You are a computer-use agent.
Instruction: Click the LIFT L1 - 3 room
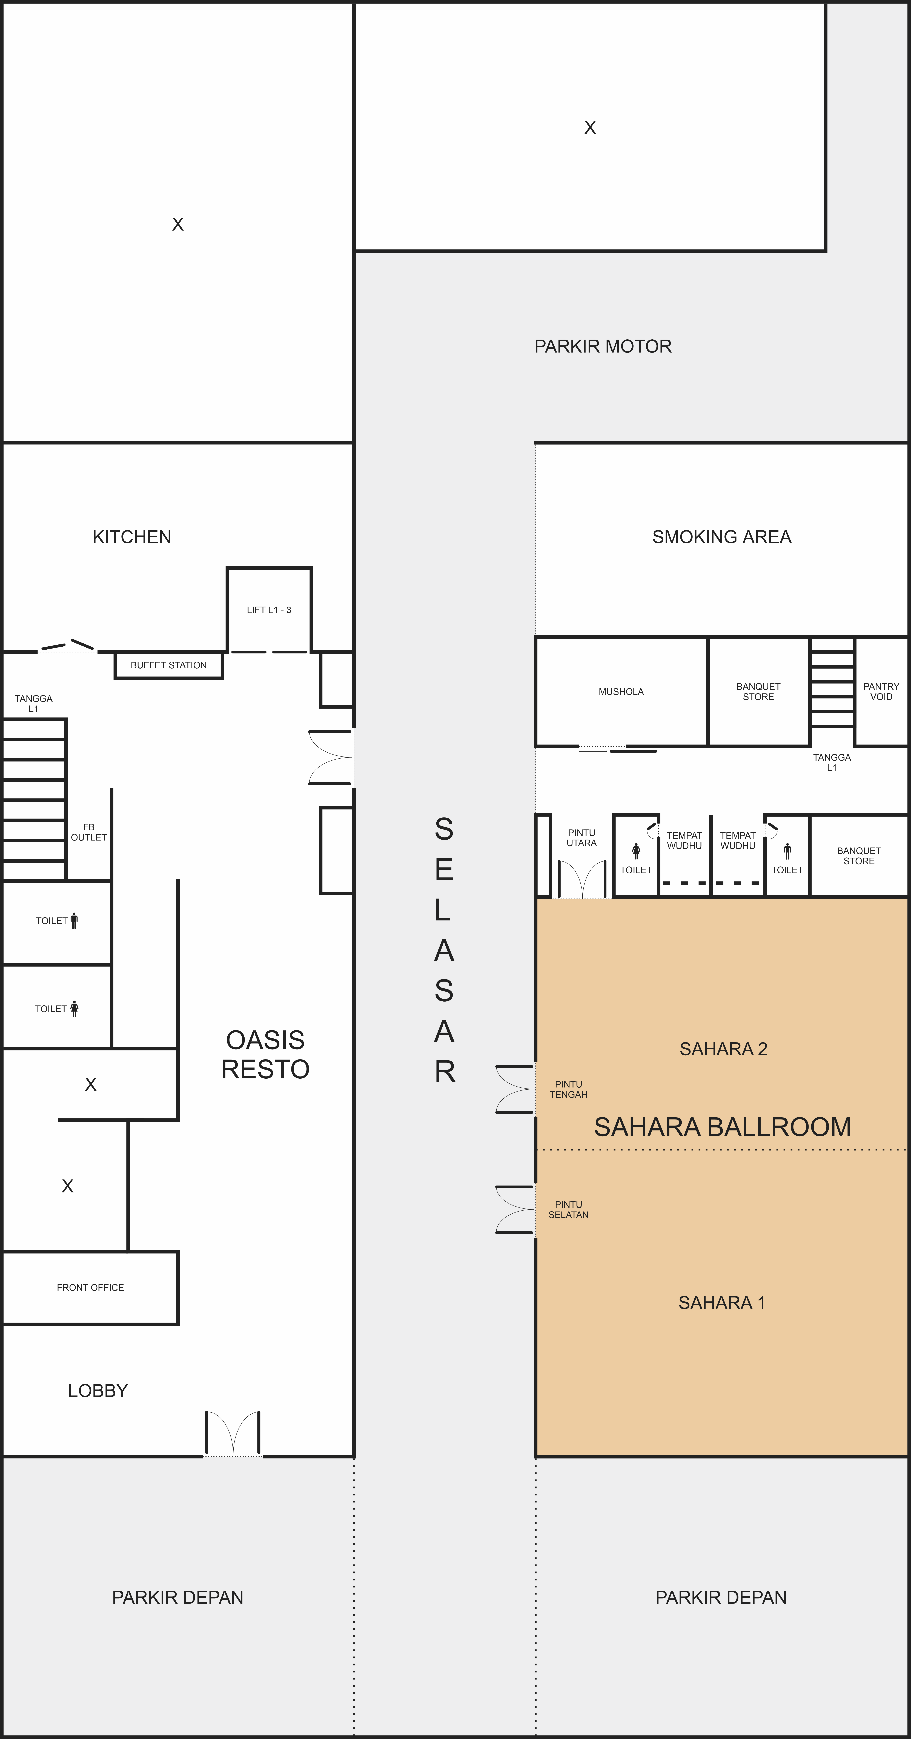coord(269,610)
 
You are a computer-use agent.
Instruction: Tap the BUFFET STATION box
coord(169,665)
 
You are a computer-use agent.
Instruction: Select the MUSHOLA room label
coord(621,691)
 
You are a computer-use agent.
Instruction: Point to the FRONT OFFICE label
coord(90,1287)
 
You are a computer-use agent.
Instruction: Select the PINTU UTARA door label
coord(582,838)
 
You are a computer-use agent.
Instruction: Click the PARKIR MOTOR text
coord(603,346)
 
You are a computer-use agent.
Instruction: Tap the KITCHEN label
coord(132,537)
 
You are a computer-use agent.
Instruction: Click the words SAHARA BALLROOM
coord(722,1127)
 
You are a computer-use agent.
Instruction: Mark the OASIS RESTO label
coord(265,1055)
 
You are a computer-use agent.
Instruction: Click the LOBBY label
coord(98,1391)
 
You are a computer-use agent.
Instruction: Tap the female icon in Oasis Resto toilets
coord(74,1008)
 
